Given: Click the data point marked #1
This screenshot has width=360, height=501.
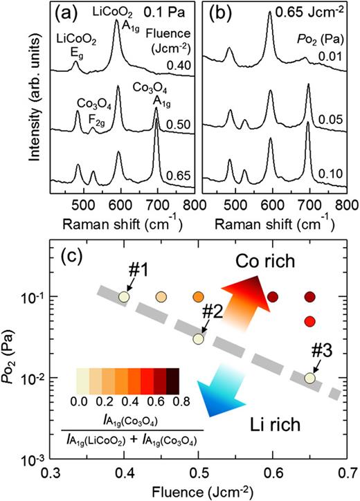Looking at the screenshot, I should pos(123,297).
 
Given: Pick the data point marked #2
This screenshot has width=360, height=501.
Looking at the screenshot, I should pos(199,339).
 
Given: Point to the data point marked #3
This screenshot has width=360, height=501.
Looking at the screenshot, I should pos(311,378).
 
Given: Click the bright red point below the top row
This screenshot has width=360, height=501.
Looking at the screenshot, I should pos(311,321).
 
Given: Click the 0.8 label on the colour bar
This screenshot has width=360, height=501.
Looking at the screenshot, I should pos(179,401).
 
